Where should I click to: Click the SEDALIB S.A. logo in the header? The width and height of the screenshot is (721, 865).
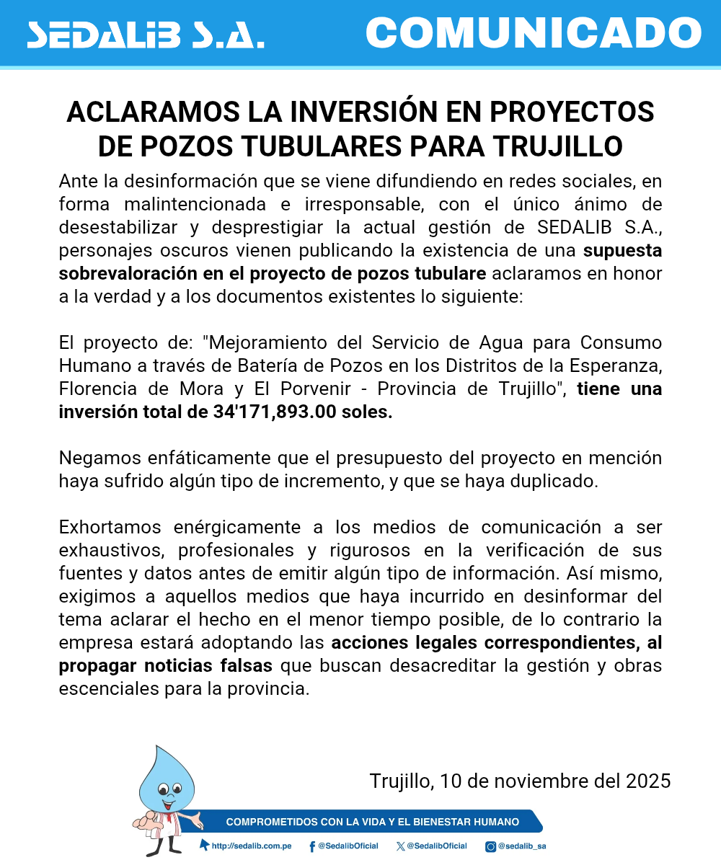pos(145,34)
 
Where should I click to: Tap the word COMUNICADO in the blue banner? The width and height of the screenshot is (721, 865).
pos(534,33)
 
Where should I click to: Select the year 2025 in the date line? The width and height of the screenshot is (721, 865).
pos(648,781)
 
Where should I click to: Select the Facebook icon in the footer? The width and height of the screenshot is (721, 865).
pos(312,846)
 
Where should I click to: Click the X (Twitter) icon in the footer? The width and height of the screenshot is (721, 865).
pos(401,846)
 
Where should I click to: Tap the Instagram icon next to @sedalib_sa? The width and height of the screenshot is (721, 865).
pos(490,846)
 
